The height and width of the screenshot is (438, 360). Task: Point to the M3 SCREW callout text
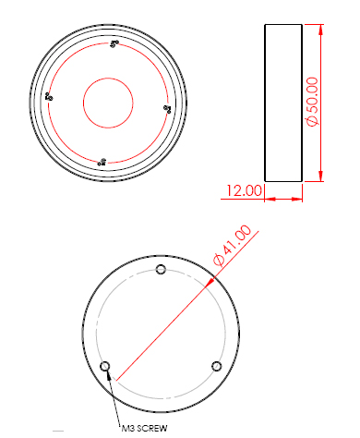click(143, 429)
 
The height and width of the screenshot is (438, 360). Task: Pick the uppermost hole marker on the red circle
click(114, 44)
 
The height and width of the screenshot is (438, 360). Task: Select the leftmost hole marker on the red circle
click(49, 97)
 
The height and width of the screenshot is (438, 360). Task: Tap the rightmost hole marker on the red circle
click(167, 109)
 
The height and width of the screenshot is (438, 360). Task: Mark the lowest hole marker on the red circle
click(102, 162)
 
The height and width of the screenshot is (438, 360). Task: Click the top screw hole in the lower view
click(162, 270)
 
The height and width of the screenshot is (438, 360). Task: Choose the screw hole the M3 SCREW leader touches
click(106, 366)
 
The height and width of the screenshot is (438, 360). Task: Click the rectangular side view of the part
click(283, 103)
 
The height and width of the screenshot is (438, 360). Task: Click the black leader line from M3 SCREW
click(115, 397)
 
